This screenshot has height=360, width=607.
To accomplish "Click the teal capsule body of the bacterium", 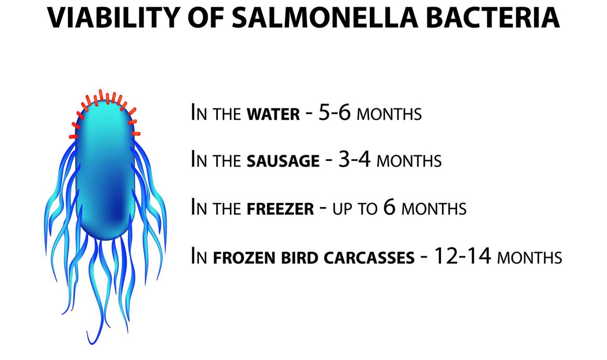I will click(x=104, y=171).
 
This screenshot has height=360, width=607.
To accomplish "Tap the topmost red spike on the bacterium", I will click(x=101, y=94).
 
